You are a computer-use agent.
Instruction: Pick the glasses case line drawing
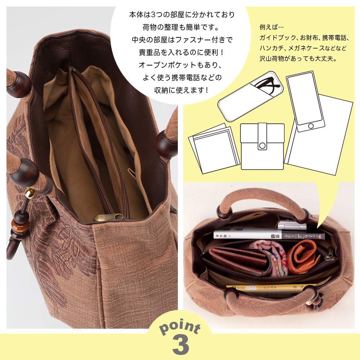click(251, 98)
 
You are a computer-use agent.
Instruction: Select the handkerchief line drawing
click(214, 148)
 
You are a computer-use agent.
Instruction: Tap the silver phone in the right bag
click(292, 226)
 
